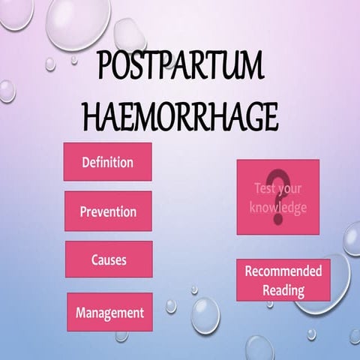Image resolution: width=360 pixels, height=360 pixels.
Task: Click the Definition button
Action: point(107,162)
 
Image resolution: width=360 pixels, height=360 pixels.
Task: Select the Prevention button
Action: point(108,211)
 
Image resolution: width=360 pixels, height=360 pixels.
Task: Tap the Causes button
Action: point(108,260)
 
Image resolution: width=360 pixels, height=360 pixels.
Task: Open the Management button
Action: point(109,312)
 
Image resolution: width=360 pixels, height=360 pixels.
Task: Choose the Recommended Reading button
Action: point(283,280)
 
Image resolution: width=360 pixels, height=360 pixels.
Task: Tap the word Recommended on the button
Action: point(283,271)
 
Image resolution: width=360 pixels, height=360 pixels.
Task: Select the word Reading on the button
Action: point(283,289)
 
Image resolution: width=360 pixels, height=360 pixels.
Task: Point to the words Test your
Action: point(278,189)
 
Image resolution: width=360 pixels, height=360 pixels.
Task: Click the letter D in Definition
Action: point(85,162)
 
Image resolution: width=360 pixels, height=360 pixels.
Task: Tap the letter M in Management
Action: point(80,312)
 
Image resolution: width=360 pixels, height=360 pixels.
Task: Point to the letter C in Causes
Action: point(94,260)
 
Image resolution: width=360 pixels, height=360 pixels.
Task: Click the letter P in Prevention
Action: point(83,211)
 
